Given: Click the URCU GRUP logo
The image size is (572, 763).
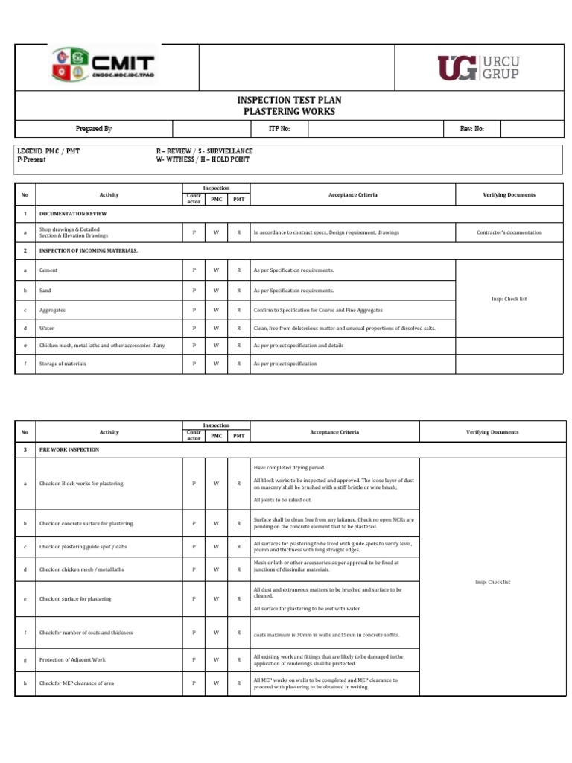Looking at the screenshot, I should pyautogui.click(x=479, y=67).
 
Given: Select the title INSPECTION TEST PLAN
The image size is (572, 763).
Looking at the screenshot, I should pyautogui.click(x=290, y=101).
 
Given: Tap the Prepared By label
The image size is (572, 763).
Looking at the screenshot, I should pyautogui.click(x=94, y=129).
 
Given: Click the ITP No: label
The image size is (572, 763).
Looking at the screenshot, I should pyautogui.click(x=279, y=129).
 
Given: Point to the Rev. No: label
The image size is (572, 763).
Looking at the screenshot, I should pyautogui.click(x=472, y=129).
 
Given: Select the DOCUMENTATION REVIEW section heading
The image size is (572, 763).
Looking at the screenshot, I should pyautogui.click(x=68, y=213).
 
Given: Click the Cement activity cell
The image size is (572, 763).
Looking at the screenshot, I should pyautogui.click(x=48, y=270).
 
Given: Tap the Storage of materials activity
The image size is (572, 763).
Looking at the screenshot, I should pyautogui.click(x=63, y=364).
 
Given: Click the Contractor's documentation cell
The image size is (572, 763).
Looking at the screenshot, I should pyautogui.click(x=509, y=232).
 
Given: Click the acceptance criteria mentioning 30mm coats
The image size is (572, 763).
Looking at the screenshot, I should pyautogui.click(x=326, y=634).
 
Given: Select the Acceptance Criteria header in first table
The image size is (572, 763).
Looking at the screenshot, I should pyautogui.click(x=352, y=195).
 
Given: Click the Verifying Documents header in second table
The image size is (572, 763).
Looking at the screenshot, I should pyautogui.click(x=492, y=432).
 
